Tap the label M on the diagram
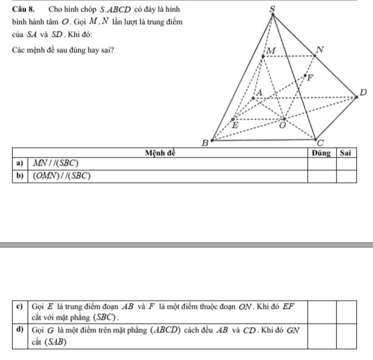(x=271, y=51)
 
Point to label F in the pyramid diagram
(x=310, y=77)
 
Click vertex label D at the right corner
(x=363, y=93)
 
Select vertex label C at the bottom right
(x=320, y=142)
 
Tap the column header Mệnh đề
(x=160, y=153)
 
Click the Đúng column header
(x=322, y=153)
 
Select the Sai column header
(x=346, y=153)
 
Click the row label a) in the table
(x=20, y=163)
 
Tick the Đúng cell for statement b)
(x=322, y=176)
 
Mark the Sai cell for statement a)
(x=346, y=163)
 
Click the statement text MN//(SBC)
(x=56, y=163)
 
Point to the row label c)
(x=20, y=306)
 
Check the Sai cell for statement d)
(x=346, y=336)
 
